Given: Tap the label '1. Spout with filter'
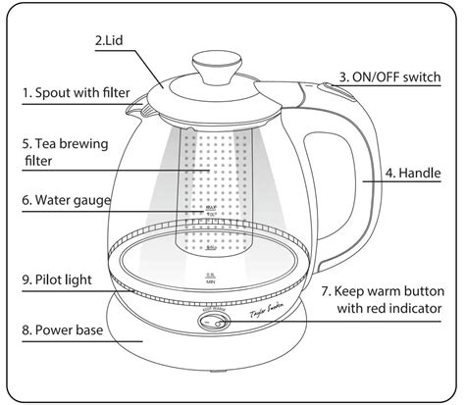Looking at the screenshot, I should coord(76,93).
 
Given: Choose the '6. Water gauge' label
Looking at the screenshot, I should coord(69,200).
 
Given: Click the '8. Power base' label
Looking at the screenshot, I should coord(67,330).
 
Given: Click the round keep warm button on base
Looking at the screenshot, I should coord(212,322).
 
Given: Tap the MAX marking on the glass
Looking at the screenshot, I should coord(211,209).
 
